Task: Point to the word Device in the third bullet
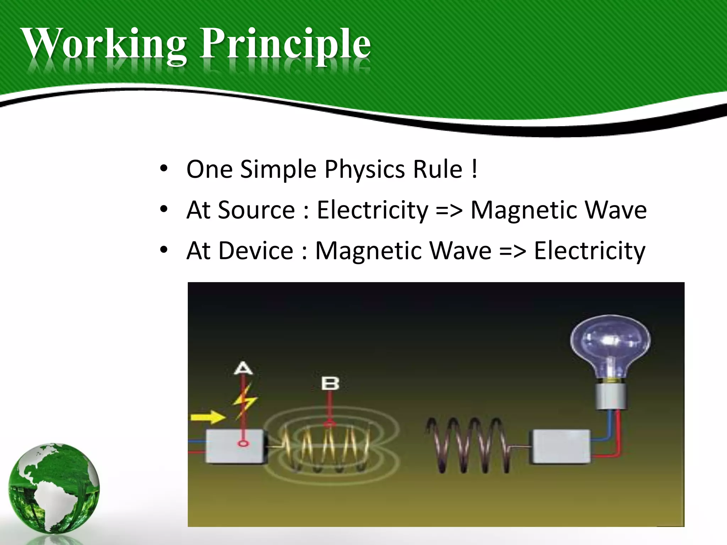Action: click(256, 251)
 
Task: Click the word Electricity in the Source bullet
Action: click(372, 210)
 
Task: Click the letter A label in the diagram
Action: click(244, 368)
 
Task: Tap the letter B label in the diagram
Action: click(330, 384)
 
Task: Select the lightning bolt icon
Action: click(245, 401)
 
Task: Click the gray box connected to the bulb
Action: click(561, 447)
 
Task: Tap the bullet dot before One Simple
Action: click(163, 169)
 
